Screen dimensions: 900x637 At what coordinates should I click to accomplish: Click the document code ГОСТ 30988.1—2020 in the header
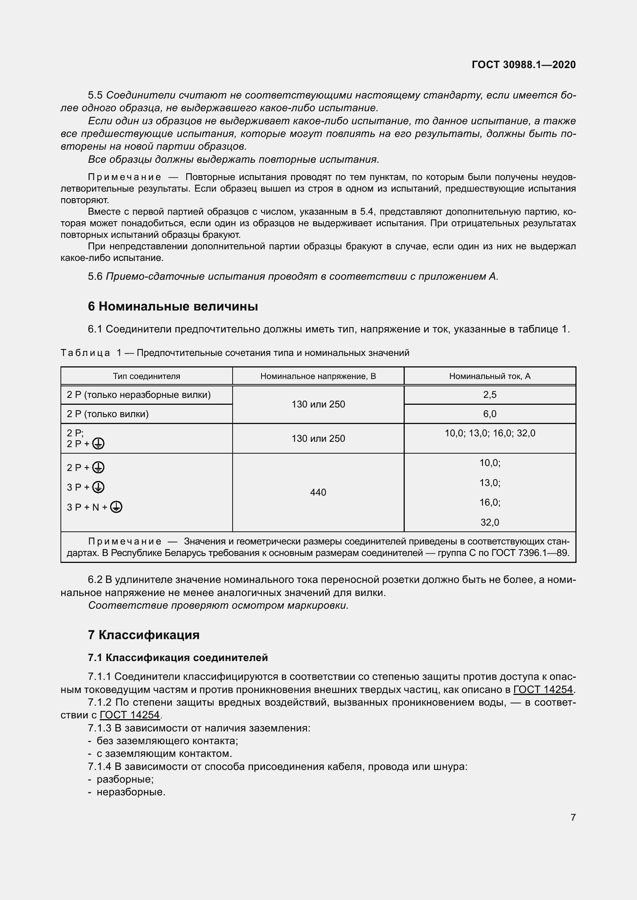(524, 65)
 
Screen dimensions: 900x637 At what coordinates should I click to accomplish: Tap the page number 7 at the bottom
(573, 817)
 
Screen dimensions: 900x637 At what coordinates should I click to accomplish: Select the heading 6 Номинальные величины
(173, 306)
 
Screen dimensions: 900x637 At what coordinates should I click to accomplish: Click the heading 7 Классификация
(144, 635)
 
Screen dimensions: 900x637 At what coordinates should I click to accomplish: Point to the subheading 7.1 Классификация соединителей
(178, 657)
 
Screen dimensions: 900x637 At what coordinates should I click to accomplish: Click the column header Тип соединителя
(146, 376)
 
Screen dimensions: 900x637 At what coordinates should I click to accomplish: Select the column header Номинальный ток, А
(489, 376)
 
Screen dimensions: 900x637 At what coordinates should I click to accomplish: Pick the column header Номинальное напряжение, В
(318, 376)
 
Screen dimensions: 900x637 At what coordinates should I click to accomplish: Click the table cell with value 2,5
(489, 395)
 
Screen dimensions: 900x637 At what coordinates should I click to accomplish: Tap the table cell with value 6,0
(489, 414)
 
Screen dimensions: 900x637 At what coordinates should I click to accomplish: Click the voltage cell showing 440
(318, 493)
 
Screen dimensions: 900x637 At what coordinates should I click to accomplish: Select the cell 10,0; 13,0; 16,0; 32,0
(489, 433)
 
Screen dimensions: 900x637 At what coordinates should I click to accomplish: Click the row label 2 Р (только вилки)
(107, 414)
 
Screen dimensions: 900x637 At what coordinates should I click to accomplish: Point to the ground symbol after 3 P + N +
(116, 507)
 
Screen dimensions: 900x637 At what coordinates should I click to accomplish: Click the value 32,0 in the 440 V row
(489, 522)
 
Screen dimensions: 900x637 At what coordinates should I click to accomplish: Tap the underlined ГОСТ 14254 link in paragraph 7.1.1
(543, 690)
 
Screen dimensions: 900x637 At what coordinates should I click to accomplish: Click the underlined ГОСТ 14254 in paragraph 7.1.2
(130, 715)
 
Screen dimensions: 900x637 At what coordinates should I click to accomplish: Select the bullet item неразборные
(131, 792)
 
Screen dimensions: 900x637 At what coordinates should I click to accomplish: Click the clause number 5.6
(95, 276)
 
